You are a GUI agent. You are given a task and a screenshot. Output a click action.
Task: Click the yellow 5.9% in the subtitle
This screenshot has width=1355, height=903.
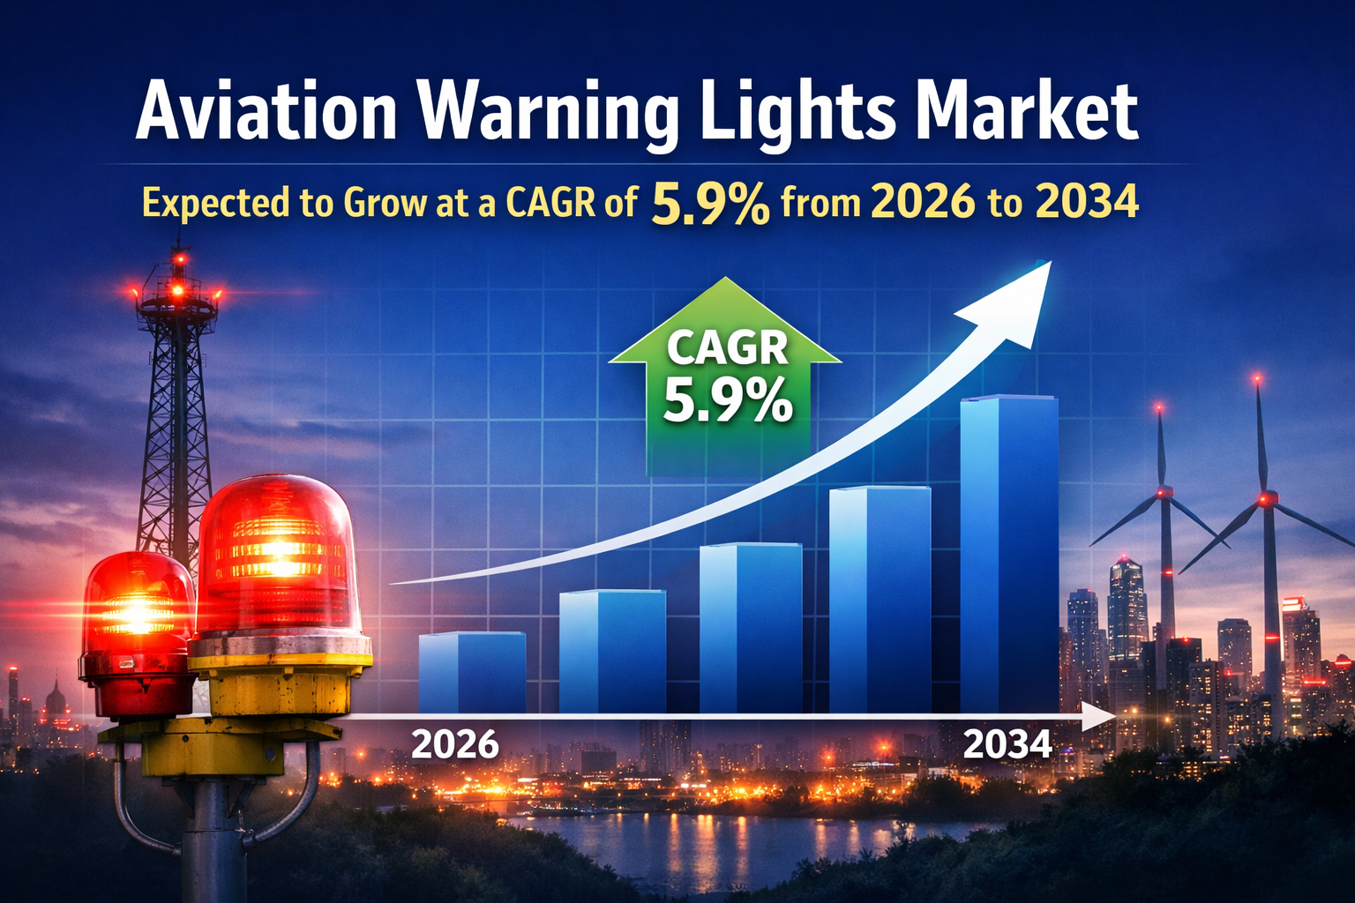click(x=710, y=204)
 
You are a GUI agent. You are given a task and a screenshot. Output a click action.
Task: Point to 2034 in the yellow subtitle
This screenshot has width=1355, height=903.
click(x=1087, y=202)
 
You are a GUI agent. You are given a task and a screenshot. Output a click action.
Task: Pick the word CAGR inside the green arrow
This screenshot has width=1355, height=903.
click(x=727, y=347)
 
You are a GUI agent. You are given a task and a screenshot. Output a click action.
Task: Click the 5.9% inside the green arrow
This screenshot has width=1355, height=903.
click(x=727, y=401)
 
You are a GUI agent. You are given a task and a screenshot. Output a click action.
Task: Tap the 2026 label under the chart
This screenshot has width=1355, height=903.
click(x=455, y=745)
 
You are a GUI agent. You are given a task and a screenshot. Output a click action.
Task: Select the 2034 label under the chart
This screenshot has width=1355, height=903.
click(x=1007, y=745)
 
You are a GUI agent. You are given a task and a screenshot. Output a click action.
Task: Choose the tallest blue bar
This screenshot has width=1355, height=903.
click(x=1008, y=556)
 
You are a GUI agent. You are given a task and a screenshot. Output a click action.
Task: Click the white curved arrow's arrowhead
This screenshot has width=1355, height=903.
click(x=1014, y=295)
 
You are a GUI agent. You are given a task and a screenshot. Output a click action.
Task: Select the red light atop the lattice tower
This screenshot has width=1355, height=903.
click(x=179, y=259)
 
